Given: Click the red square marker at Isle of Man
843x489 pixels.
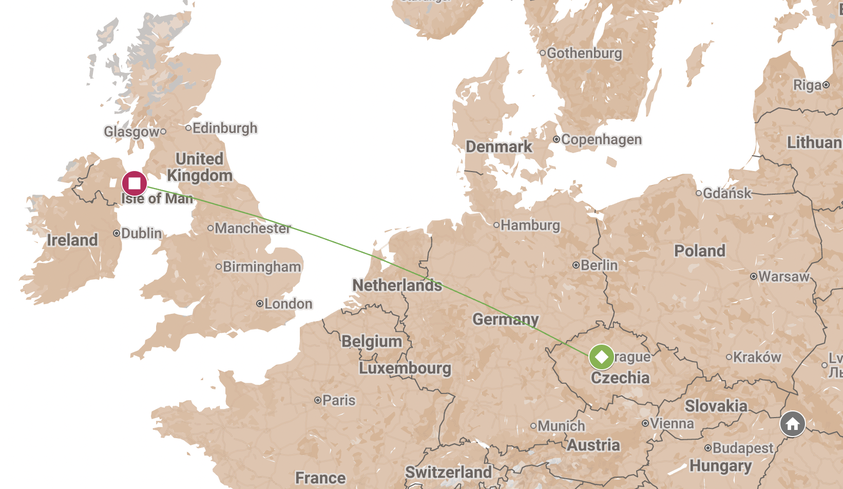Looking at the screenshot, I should [x=135, y=183].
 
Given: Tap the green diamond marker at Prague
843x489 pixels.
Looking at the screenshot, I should [x=601, y=356].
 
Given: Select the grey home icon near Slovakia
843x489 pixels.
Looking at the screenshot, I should [x=792, y=424].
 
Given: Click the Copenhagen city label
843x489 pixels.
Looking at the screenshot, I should [x=601, y=140].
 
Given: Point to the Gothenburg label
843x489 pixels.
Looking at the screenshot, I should [x=584, y=53].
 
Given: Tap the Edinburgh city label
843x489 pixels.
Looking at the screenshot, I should [x=225, y=128].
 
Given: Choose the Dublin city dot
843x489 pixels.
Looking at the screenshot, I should [x=117, y=233].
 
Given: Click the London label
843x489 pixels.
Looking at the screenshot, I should [x=288, y=304].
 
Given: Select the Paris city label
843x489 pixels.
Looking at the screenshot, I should [x=339, y=400].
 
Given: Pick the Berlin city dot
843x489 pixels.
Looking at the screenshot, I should [x=576, y=265].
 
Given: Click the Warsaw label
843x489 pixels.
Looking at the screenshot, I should [x=784, y=276].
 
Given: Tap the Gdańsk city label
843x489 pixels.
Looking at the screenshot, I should [x=727, y=193].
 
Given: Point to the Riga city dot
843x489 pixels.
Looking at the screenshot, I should [x=826, y=85].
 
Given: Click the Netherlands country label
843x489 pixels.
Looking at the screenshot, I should [x=397, y=285].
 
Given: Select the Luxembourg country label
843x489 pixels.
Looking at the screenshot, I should [x=405, y=368].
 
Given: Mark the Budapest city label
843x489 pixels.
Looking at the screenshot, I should [x=743, y=448].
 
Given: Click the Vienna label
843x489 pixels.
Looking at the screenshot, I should [x=672, y=424].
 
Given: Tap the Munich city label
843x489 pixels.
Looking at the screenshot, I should [x=561, y=426].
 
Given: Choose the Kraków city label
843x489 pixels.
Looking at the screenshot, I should [x=757, y=357].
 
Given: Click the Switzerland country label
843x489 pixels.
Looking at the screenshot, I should [x=449, y=472].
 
